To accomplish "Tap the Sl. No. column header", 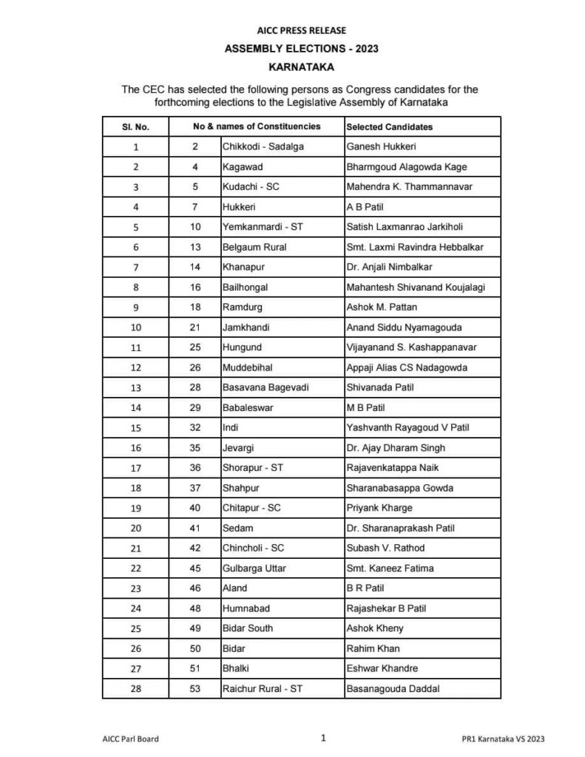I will click(x=136, y=126).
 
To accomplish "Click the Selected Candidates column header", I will click(x=389, y=126).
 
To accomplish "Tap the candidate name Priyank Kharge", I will click(x=379, y=508).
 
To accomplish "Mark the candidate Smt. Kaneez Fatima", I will click(x=390, y=568).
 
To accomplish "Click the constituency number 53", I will click(x=195, y=688).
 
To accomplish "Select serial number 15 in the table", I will click(x=136, y=427).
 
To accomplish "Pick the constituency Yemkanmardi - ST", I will click(x=263, y=226).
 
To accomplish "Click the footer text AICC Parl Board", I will click(x=131, y=738).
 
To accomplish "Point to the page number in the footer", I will click(x=324, y=737).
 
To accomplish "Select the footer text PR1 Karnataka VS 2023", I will click(x=501, y=738).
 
